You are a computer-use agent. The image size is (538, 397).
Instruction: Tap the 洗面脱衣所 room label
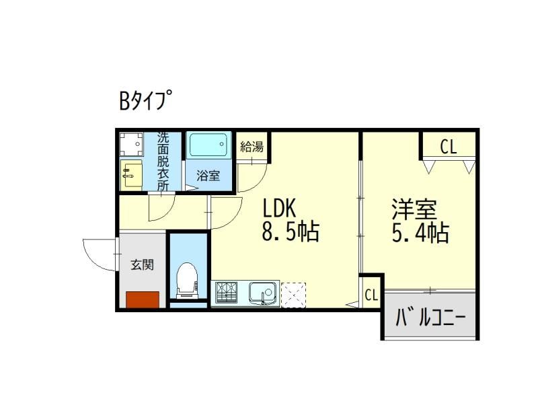[163, 161]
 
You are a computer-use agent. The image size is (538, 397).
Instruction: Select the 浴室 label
[208, 176]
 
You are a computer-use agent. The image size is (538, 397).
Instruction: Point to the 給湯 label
[252, 147]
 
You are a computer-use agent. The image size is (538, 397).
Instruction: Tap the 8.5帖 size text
[289, 233]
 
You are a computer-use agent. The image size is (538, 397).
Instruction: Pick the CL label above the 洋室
[449, 146]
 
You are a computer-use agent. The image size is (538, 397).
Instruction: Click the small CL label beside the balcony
[371, 295]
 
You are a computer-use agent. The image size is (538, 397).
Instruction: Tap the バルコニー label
[430, 316]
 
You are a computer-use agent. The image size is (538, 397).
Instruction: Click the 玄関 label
[142, 264]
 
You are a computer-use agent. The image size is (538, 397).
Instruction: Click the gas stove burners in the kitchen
[227, 293]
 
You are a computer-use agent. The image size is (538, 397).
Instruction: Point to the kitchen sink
[263, 293]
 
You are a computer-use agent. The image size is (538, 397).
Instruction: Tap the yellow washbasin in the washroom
[131, 175]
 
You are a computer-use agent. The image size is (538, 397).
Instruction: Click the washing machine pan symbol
[131, 144]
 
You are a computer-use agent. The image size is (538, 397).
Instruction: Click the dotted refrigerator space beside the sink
[293, 293]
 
